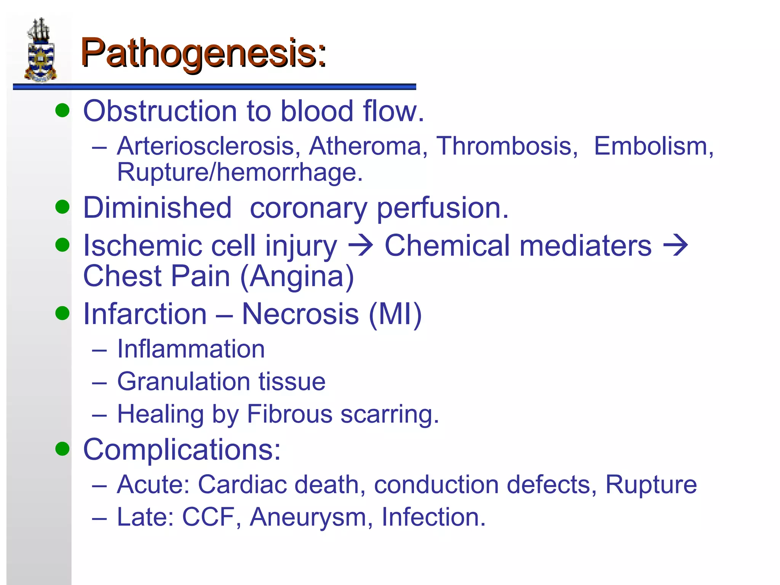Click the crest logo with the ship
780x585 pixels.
click(x=41, y=50)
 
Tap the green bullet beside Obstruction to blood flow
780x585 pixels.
click(x=62, y=110)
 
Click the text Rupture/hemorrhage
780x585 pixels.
click(x=240, y=172)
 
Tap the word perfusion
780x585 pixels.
click(x=443, y=208)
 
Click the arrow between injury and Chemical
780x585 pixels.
click(x=360, y=246)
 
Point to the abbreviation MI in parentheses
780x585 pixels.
click(x=395, y=314)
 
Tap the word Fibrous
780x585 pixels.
click(x=289, y=414)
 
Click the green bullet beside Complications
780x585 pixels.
click(x=62, y=449)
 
